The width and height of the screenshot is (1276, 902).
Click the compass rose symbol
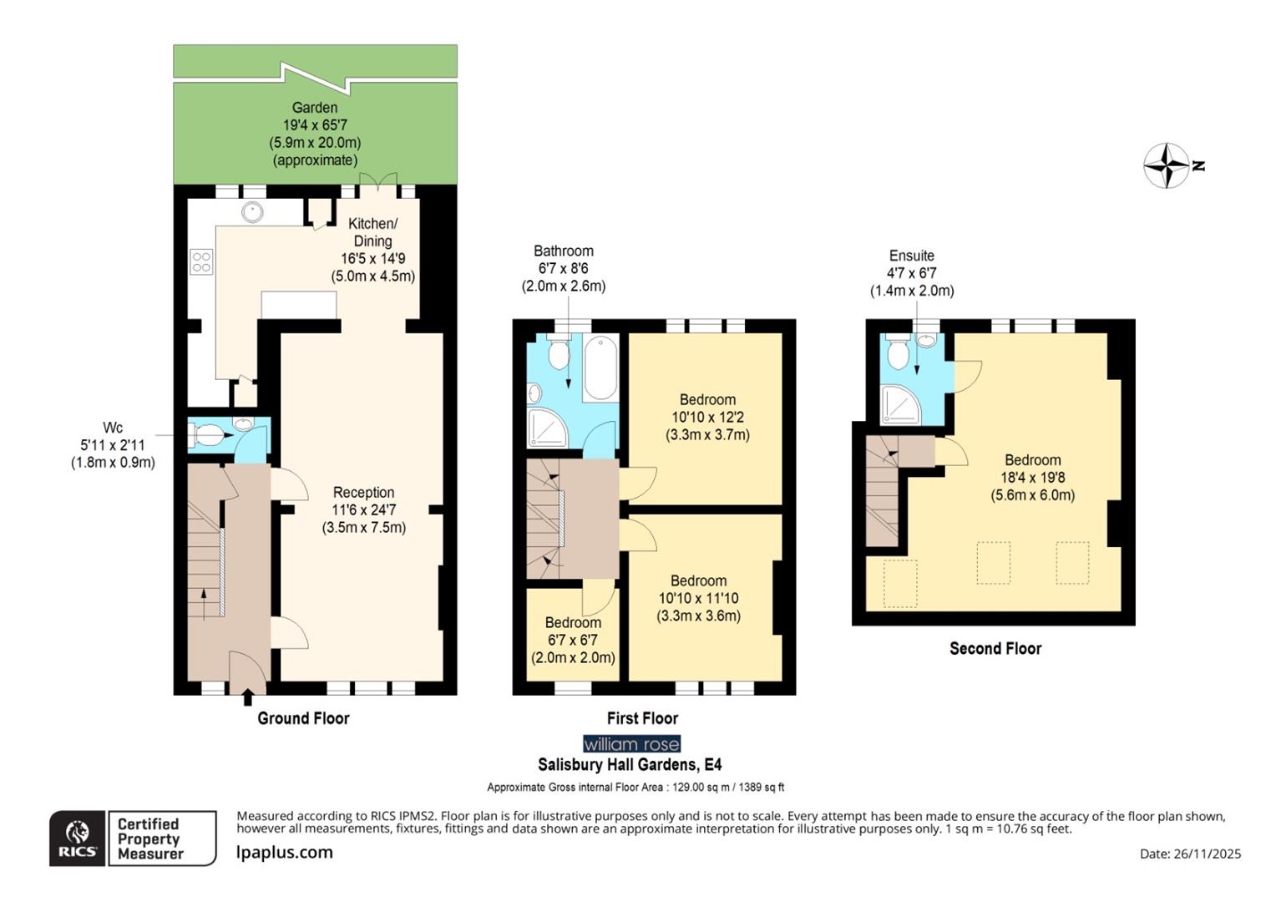pyautogui.click(x=1166, y=165)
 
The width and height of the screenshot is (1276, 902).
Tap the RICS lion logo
pyautogui.click(x=77, y=838)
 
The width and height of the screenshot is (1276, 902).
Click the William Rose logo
pyautogui.click(x=631, y=743)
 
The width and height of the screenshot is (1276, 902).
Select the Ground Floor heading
pyautogui.click(x=303, y=718)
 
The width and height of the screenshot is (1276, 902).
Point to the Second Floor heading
pyautogui.click(x=995, y=649)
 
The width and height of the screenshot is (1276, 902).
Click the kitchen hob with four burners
pyautogui.click(x=201, y=261)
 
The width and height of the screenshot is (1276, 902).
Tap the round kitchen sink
pyautogui.click(x=252, y=212)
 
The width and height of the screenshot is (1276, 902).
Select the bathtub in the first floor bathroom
pyautogui.click(x=600, y=367)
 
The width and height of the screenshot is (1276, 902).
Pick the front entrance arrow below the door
pyautogui.click(x=248, y=697)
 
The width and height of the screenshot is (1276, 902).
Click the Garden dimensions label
pyautogui.click(x=315, y=134)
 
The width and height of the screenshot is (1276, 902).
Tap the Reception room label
pyautogui.click(x=363, y=509)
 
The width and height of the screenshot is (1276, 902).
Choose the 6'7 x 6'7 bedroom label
pyautogui.click(x=573, y=640)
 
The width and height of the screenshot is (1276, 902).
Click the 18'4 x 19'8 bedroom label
pyautogui.click(x=1032, y=477)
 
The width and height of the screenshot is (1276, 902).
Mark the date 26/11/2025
pyautogui.click(x=1190, y=854)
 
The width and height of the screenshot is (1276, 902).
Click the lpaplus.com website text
pyautogui.click(x=285, y=853)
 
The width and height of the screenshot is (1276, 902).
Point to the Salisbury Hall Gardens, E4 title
pyautogui.click(x=630, y=764)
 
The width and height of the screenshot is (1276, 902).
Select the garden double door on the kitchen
pyautogui.click(x=377, y=182)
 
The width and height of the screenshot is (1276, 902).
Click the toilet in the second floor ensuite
pyautogui.click(x=898, y=353)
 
